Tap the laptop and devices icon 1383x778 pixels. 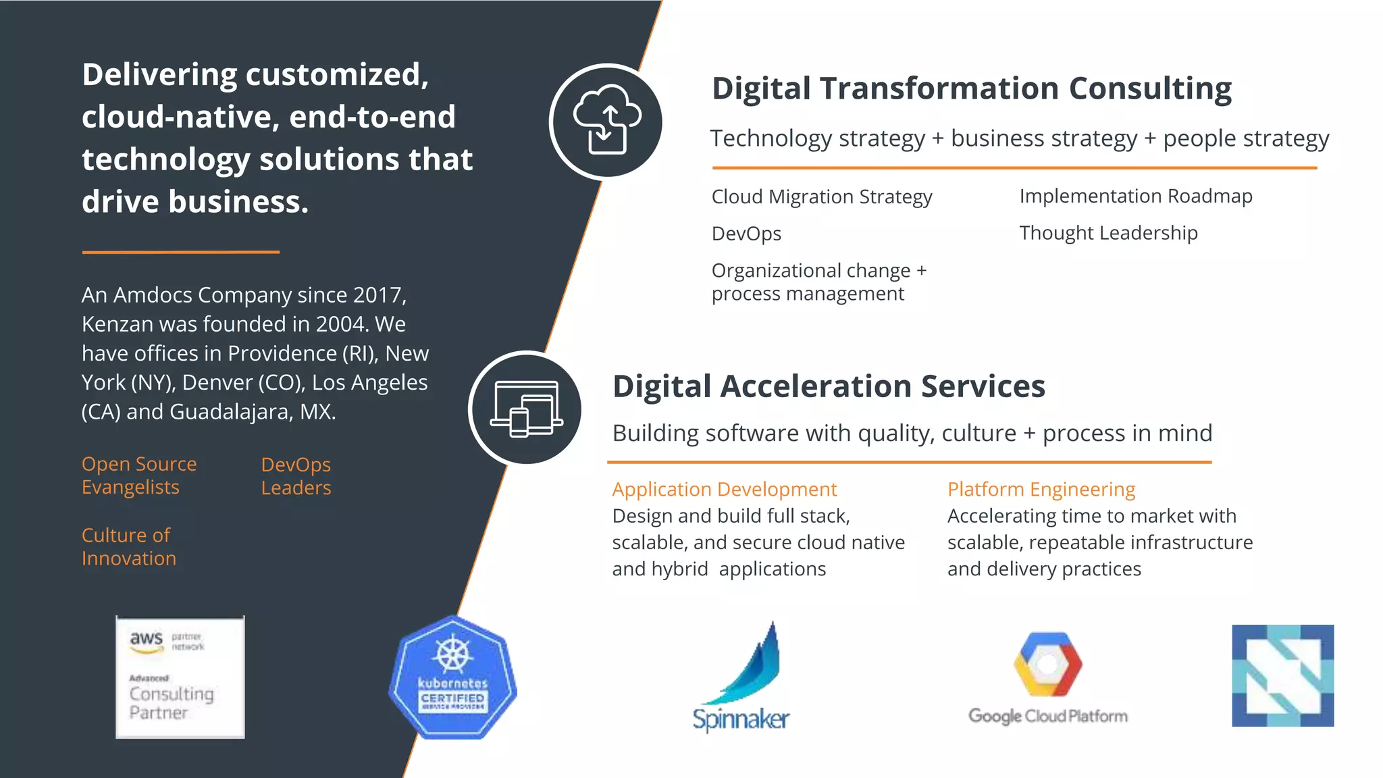(526, 409)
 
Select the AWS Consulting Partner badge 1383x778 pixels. (180, 677)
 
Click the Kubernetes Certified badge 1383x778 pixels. (452, 677)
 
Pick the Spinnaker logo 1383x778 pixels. (741, 677)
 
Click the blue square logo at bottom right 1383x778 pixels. (1282, 675)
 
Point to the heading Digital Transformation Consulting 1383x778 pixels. (971, 88)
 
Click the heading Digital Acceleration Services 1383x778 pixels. (829, 386)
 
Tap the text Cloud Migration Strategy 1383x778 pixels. (822, 197)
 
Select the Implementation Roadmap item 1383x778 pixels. (1136, 196)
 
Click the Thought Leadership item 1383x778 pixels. (1108, 233)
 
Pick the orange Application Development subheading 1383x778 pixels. (724, 489)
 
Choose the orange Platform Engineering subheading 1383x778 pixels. (1041, 489)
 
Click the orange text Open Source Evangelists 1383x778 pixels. (138, 475)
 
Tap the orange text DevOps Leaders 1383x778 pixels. (296, 476)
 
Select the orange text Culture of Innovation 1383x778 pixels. (128, 546)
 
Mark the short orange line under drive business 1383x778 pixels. (180, 252)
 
